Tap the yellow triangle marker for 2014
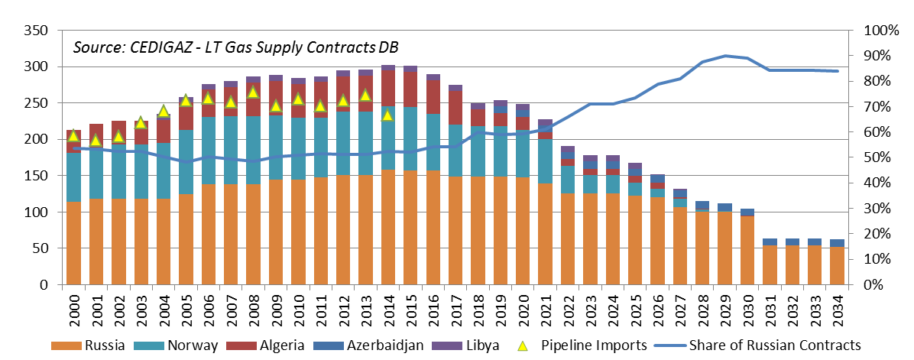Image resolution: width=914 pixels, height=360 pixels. click(387, 115)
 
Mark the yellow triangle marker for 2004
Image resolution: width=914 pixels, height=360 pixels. click(163, 111)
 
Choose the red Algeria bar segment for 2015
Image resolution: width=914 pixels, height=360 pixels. click(410, 89)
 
